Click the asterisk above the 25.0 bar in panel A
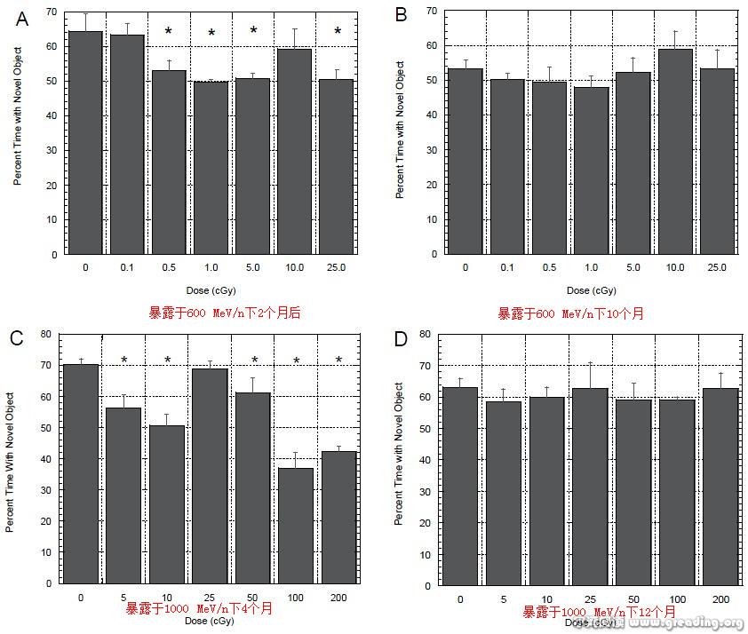[x=338, y=32]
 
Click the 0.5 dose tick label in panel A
[x=168, y=267]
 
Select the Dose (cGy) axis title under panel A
[x=210, y=290]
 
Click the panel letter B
[x=402, y=15]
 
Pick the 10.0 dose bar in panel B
[x=674, y=151]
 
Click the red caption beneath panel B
[x=570, y=313]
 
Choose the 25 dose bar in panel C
[x=211, y=475]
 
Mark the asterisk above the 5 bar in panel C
[x=124, y=361]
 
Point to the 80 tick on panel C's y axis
[x=47, y=335]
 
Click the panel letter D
[x=401, y=338]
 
